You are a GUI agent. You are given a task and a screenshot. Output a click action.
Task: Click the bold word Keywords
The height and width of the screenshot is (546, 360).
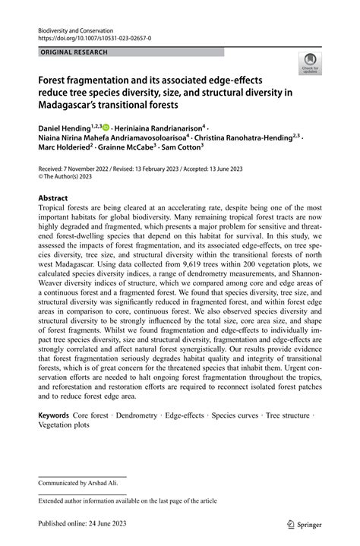tap(53, 417)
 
